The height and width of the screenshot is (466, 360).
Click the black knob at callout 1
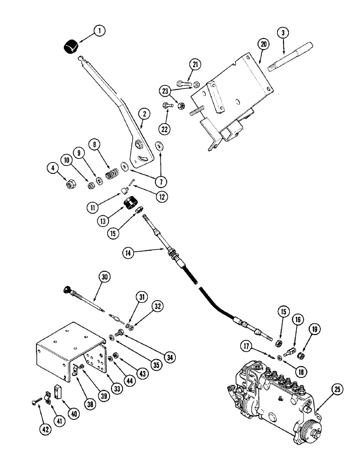tap(71, 48)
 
